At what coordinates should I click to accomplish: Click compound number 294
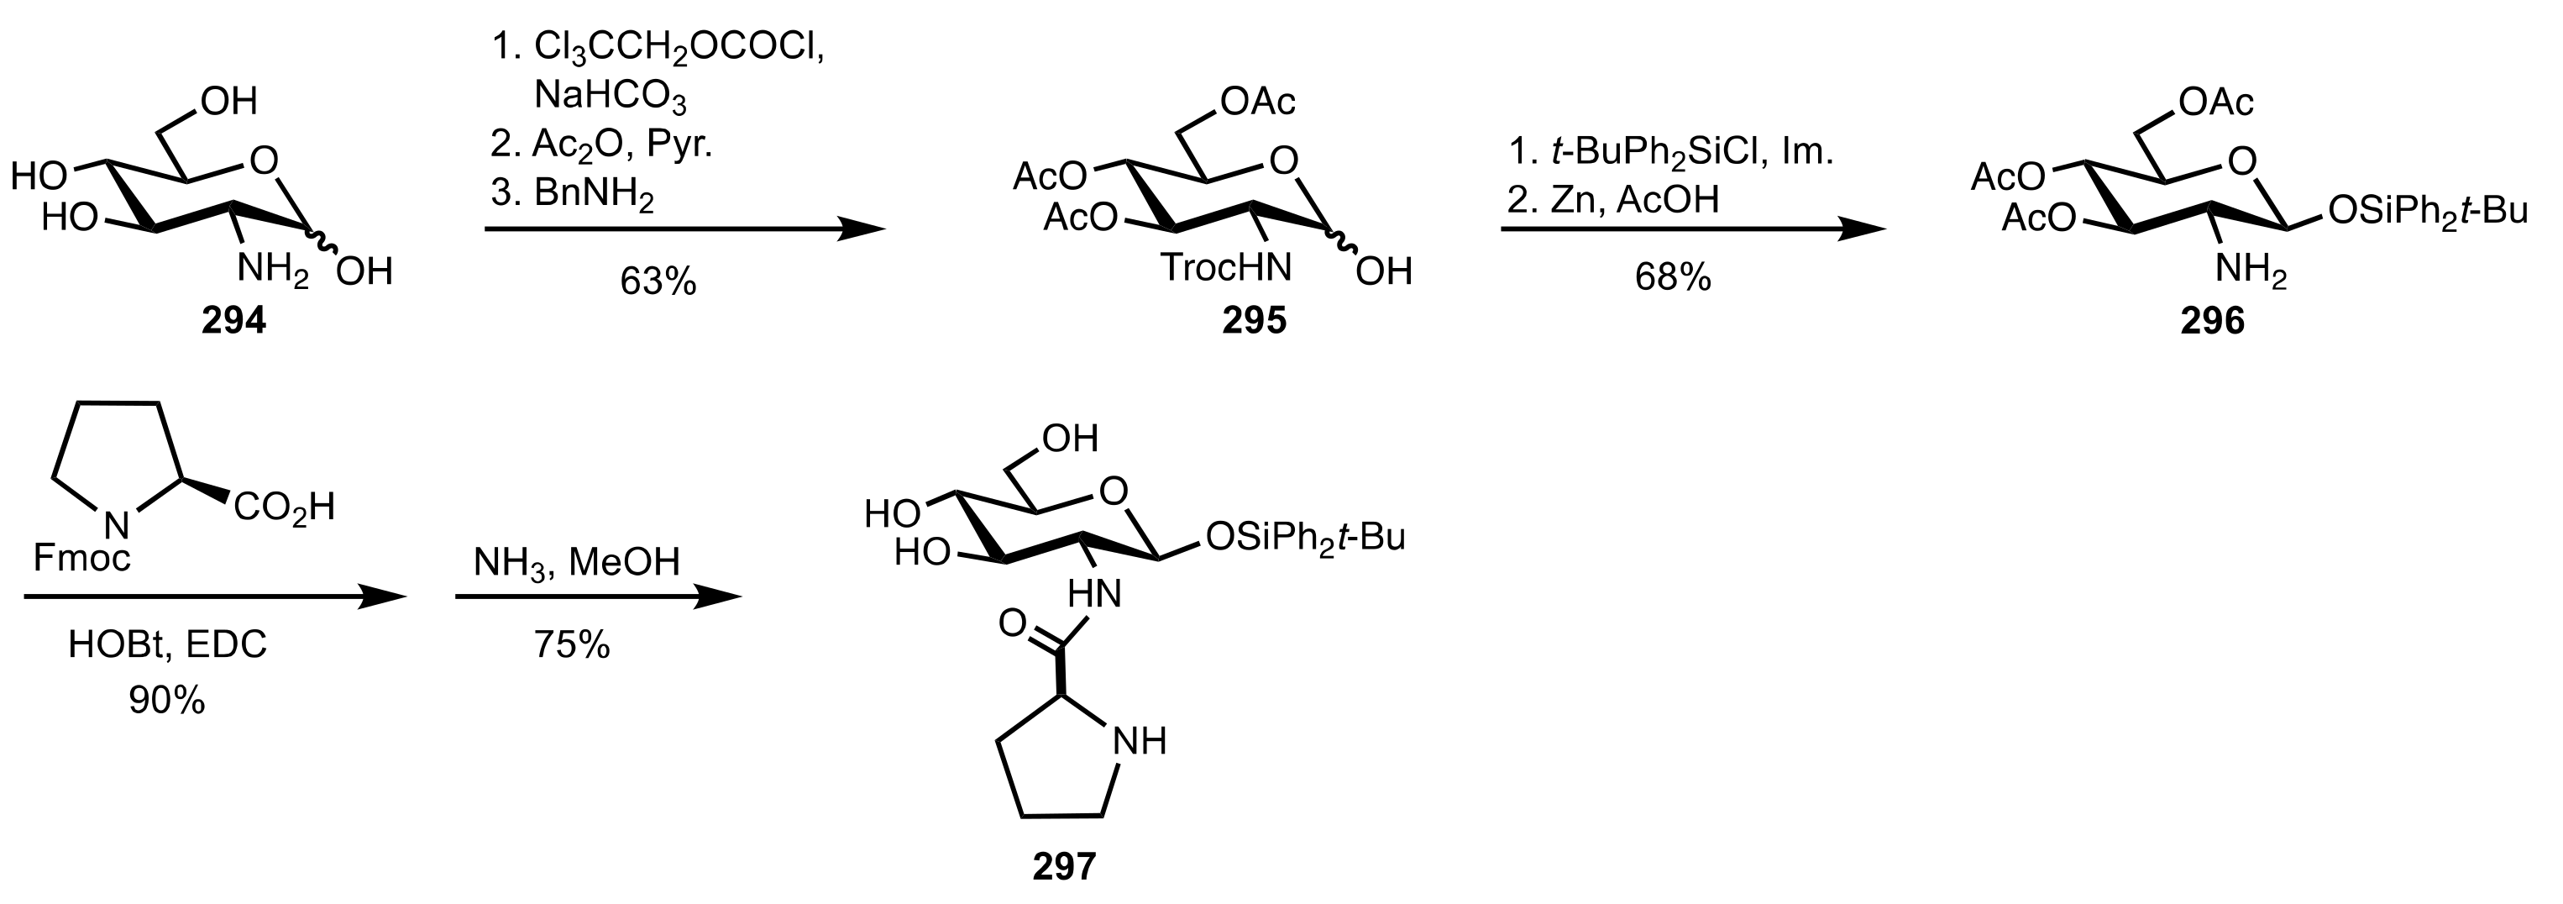tap(233, 321)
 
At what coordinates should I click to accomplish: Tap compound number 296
tap(2212, 321)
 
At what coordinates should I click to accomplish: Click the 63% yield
tap(658, 281)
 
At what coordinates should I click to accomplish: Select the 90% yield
tap(166, 701)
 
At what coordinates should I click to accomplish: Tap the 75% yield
tap(572, 645)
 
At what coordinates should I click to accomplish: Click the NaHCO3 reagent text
tap(610, 96)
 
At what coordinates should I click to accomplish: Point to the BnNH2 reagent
tap(593, 193)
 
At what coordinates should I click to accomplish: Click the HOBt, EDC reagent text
tap(167, 645)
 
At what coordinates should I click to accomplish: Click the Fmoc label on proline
tap(81, 558)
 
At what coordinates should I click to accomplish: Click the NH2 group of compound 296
tap(2251, 269)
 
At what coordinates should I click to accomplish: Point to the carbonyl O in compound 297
tap(1012, 623)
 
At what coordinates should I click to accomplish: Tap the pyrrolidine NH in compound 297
tap(1138, 741)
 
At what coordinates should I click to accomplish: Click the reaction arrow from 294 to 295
tap(684, 230)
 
